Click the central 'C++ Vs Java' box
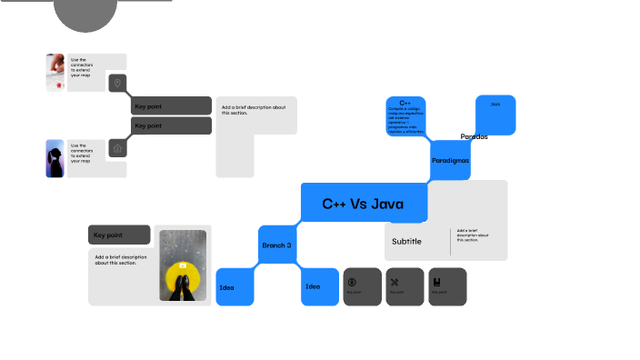coord(363,203)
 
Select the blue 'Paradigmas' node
coord(450,160)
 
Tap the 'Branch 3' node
coord(277,245)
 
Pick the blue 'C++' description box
coord(405,116)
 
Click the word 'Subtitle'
coord(406,241)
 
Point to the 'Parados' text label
coord(474,136)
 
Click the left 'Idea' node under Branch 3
coord(235,287)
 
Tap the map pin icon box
coord(116,84)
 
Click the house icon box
coord(116,147)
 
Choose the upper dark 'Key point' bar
coord(172,106)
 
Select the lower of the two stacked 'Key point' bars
coord(172,125)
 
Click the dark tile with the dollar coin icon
coord(362,285)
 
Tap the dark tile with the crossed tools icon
coord(405,285)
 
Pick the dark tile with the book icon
coord(447,285)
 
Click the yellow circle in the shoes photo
coord(183,274)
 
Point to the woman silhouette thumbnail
coord(55,158)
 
